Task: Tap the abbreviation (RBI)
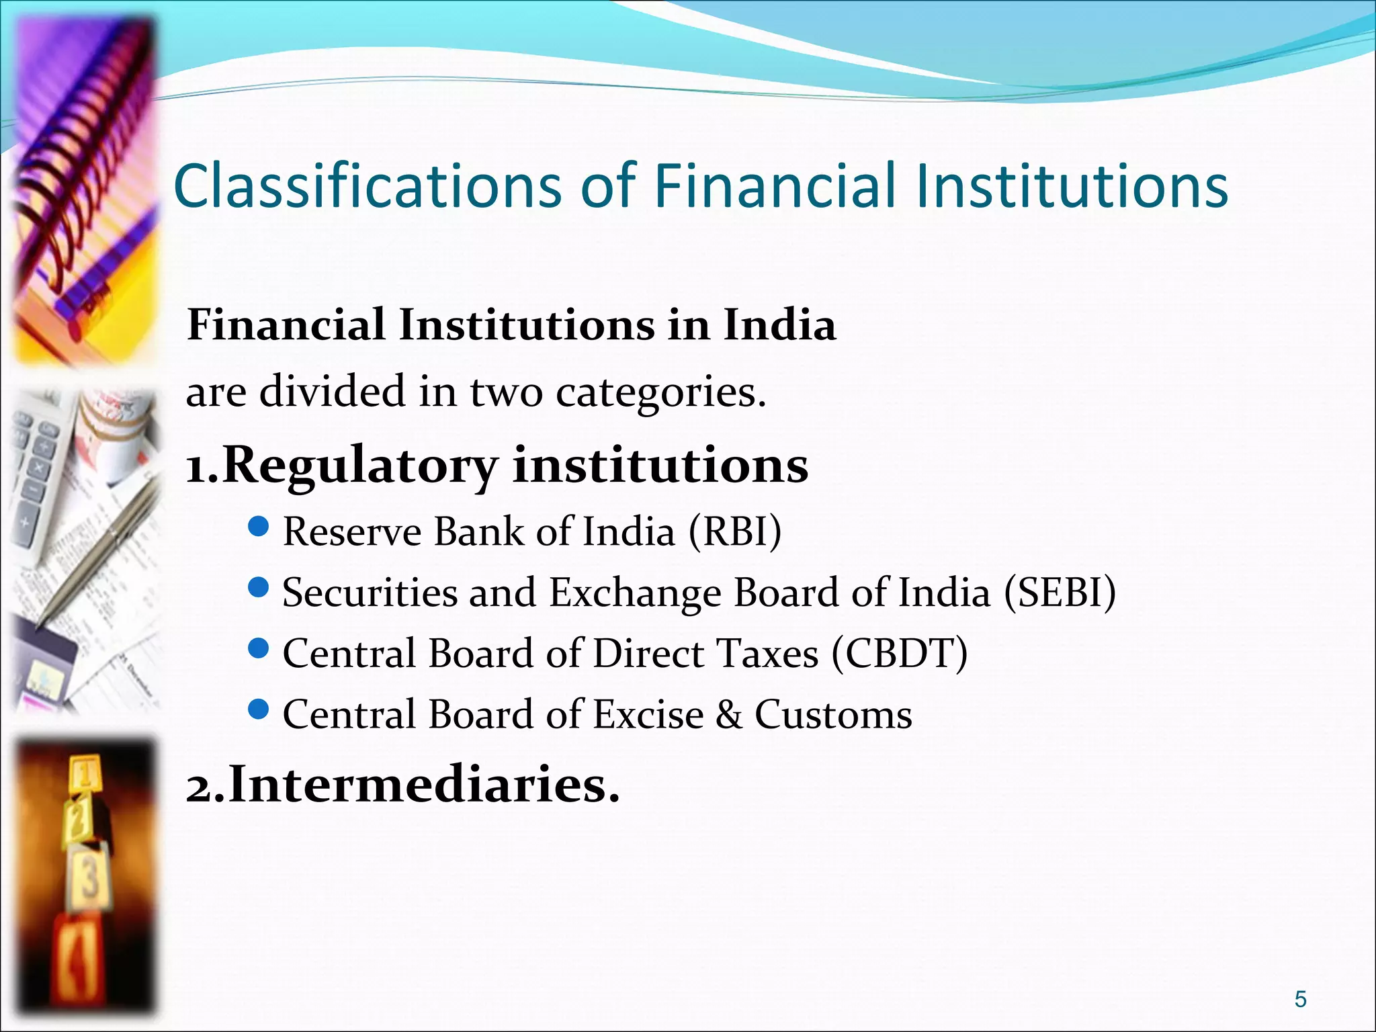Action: point(735,532)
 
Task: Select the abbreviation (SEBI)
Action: point(1060,593)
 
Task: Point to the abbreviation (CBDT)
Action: point(900,654)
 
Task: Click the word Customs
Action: point(833,714)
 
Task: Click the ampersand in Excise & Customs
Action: point(729,714)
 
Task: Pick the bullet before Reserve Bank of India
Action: point(258,527)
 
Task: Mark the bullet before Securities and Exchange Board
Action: point(258,589)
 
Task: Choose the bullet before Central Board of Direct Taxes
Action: point(258,649)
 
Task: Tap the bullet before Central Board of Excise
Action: point(258,709)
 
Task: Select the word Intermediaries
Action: point(423,785)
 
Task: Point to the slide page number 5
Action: point(1301,999)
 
